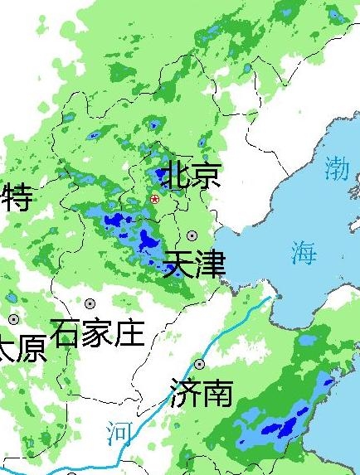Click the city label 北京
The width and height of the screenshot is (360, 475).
192,176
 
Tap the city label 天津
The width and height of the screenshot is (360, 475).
195,264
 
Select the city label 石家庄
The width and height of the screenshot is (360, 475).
97,333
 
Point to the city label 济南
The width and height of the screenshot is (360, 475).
201,392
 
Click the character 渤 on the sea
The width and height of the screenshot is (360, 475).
337,168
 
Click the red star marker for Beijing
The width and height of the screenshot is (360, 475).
155,199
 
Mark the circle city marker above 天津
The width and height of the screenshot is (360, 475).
192,236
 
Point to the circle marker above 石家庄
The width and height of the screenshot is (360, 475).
90,304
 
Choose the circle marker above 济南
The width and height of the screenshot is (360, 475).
199,364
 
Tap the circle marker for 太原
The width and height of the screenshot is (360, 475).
13,319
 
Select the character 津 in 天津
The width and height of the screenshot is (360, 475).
211,264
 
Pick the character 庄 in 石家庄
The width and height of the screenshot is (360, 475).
129,333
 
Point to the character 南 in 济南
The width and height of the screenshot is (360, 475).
216,392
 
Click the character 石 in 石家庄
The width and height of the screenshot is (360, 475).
66,333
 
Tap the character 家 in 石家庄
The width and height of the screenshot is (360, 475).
97,333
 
